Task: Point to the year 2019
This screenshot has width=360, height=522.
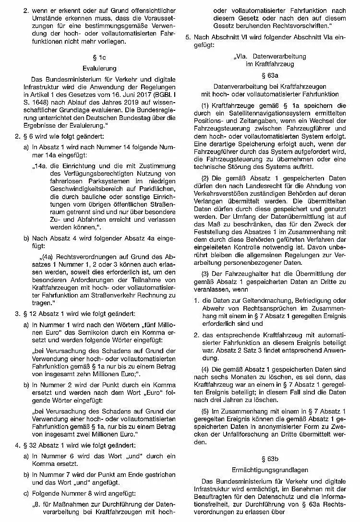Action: [120, 101]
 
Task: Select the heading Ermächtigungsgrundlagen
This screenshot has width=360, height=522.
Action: [269, 470]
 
